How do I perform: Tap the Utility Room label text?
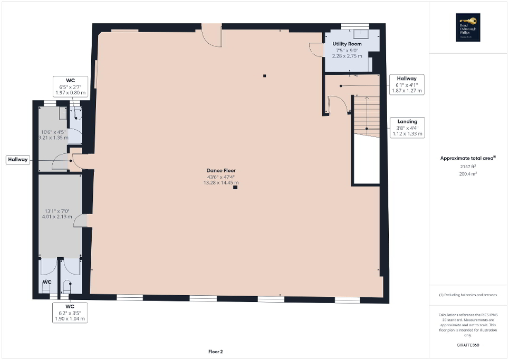point(347,44)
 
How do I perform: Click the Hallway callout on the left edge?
point(18,159)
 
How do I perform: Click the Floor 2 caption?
point(215,352)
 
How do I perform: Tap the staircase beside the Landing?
point(366,116)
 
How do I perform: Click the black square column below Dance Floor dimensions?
point(235,187)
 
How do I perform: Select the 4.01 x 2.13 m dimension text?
point(56,216)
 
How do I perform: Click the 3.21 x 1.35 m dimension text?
point(53,138)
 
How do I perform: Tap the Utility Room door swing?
point(315,49)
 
